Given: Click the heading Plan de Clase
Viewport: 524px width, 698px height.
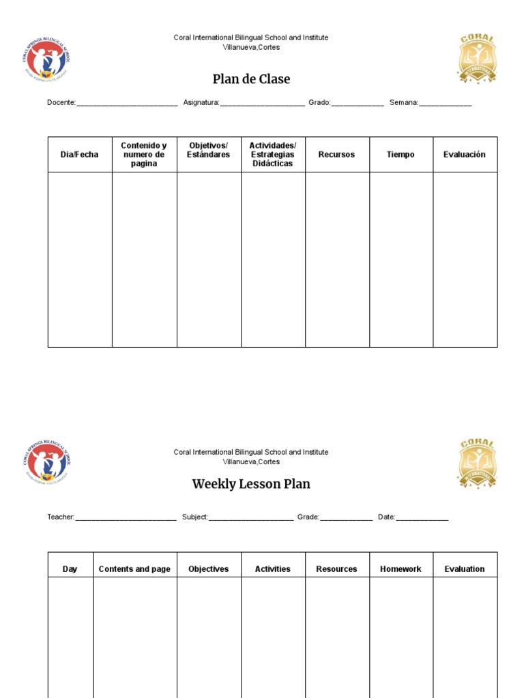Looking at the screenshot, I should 251,79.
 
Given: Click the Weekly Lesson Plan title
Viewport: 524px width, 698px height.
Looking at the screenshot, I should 251,484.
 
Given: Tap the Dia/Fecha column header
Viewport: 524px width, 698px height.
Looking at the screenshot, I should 79,155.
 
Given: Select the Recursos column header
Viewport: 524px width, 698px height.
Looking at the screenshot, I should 336,155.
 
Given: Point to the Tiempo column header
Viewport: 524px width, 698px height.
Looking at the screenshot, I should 401,155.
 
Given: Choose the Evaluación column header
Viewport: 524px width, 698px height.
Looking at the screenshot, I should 465,155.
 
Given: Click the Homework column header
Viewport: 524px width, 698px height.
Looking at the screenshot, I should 401,569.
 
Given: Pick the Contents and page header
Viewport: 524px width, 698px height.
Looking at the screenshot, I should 134,569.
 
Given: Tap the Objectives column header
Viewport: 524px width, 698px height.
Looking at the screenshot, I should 209,569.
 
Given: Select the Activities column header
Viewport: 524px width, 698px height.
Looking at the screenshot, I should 272,569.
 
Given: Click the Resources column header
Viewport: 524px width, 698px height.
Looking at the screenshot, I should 336,569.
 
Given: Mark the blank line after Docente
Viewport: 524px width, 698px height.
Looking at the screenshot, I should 127,104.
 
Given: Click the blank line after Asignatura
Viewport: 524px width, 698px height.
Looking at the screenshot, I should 263,104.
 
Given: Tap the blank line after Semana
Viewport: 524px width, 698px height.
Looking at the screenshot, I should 445,104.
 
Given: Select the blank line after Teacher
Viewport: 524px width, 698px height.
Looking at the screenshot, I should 126,518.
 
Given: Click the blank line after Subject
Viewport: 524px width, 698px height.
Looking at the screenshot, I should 251,518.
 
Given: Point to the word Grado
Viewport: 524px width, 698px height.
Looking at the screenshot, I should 319,103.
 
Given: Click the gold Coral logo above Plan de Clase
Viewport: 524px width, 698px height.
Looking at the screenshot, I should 477,59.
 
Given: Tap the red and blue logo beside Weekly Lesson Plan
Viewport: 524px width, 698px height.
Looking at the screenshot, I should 46,463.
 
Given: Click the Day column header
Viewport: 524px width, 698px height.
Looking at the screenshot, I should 70,569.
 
